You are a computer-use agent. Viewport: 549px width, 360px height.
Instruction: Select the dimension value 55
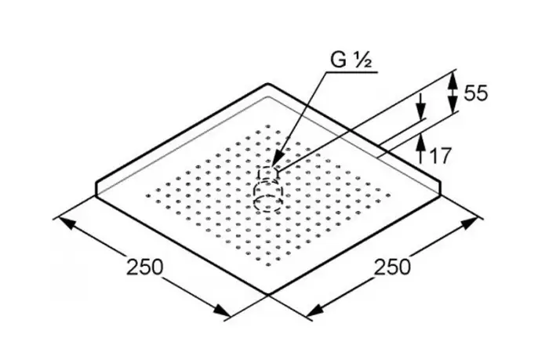click(x=475, y=93)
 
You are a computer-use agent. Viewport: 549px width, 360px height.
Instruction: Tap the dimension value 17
click(x=441, y=155)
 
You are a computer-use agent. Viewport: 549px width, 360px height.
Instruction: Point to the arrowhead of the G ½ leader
click(x=276, y=167)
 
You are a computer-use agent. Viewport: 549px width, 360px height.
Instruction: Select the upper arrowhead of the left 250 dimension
click(x=63, y=222)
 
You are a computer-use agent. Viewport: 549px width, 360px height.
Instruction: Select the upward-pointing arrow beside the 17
click(x=420, y=144)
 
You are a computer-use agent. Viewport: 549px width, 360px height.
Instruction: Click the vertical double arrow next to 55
click(x=452, y=93)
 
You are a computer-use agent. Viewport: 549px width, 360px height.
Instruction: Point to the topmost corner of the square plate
click(x=270, y=85)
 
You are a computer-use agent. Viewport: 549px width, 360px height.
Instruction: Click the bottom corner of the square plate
click(x=269, y=296)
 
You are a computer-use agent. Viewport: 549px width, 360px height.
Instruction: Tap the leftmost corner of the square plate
click(x=96, y=188)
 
